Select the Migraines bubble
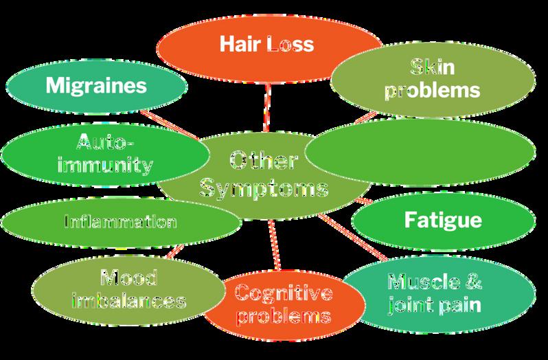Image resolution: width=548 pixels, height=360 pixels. (96, 87)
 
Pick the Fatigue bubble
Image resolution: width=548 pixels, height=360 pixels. (443, 221)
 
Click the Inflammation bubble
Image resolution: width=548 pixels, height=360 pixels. (120, 222)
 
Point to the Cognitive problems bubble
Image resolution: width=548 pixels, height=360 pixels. (283, 304)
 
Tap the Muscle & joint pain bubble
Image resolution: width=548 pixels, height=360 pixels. (435, 292)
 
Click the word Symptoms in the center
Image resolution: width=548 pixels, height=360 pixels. (264, 187)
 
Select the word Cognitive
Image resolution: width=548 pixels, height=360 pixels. (283, 294)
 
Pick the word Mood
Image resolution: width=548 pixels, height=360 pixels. (128, 278)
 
